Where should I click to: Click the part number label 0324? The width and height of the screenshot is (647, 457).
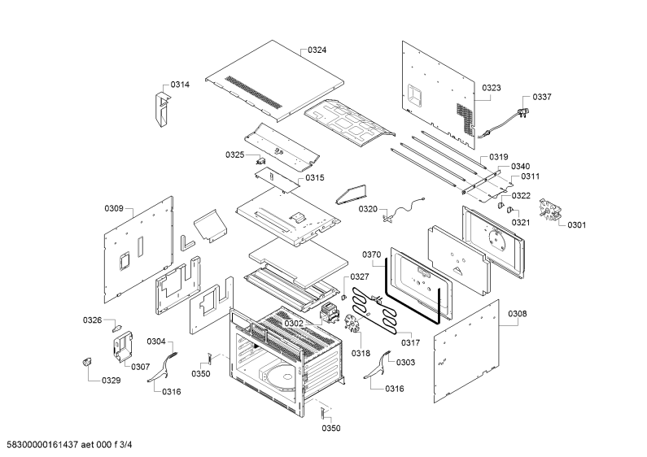pos(317,50)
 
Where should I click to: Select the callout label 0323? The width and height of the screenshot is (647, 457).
pos(492,88)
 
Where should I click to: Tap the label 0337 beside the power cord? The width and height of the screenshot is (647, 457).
pos(542,97)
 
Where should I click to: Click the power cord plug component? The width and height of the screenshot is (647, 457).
pos(525,112)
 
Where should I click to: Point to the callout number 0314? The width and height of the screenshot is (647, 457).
pos(180,85)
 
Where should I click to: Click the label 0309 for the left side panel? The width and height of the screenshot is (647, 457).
pos(114,208)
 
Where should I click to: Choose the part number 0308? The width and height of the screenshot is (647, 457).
pos(518,314)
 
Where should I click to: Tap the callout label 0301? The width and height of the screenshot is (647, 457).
pos(576,224)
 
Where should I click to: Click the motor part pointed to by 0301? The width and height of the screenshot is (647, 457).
pos(550,209)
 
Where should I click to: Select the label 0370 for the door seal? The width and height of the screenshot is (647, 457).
pos(372,255)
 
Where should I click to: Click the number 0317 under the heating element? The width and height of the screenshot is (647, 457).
pos(410,343)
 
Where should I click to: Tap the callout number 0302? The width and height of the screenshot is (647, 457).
pos(293,324)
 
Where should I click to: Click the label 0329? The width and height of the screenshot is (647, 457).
pos(111,381)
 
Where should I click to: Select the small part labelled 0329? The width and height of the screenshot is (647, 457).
pos(86,362)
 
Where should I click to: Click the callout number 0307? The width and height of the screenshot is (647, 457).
pos(140,367)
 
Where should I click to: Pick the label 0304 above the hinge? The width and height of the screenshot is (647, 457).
pos(156,342)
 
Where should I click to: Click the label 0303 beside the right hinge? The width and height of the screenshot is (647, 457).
pos(405,362)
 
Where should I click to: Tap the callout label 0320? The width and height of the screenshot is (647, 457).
pos(368,209)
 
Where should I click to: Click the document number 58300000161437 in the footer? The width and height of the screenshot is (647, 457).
pos(40,445)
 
